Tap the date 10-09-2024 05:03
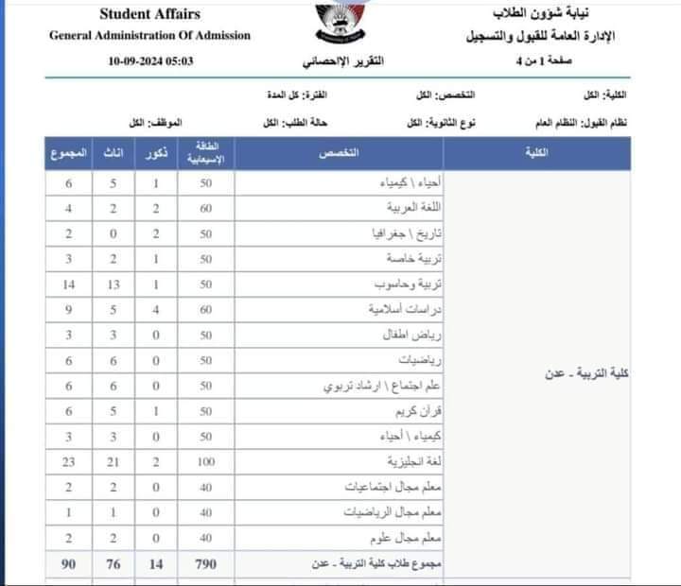click(x=152, y=60)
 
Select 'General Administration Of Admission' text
click(x=150, y=36)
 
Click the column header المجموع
click(x=67, y=151)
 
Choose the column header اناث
click(x=112, y=151)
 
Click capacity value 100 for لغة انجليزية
click(x=205, y=462)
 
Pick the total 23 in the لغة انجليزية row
click(x=67, y=462)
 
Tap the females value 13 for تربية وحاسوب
click(x=112, y=284)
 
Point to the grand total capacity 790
click(x=205, y=563)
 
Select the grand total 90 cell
click(x=67, y=563)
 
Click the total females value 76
click(x=112, y=563)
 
